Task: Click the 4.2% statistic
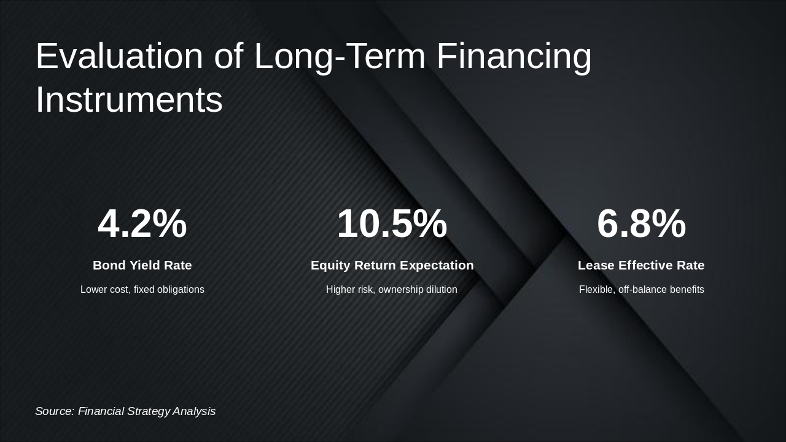click(x=142, y=223)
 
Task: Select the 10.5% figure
click(x=392, y=223)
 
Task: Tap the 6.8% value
click(x=641, y=223)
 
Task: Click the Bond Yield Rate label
click(x=142, y=265)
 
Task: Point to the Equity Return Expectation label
click(x=392, y=265)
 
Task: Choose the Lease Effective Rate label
click(x=641, y=265)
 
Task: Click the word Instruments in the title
click(x=129, y=99)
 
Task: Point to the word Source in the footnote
click(x=54, y=411)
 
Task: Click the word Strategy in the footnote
click(x=148, y=411)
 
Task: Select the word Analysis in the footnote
click(x=194, y=411)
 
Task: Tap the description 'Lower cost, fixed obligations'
click(x=142, y=289)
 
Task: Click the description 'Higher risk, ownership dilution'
click(x=392, y=289)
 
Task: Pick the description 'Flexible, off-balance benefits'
click(x=641, y=289)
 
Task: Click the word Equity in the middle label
click(x=330, y=265)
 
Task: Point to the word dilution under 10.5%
click(x=440, y=289)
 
